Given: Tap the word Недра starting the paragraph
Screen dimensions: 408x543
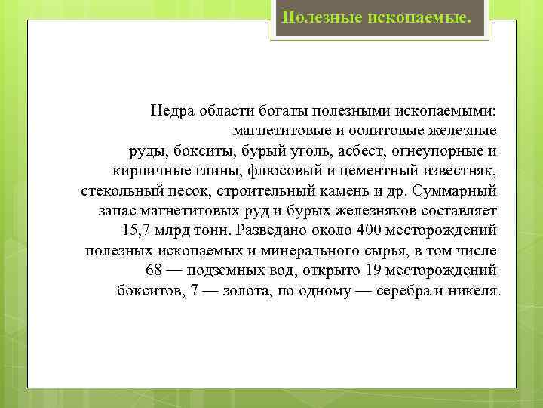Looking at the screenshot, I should (173, 110).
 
